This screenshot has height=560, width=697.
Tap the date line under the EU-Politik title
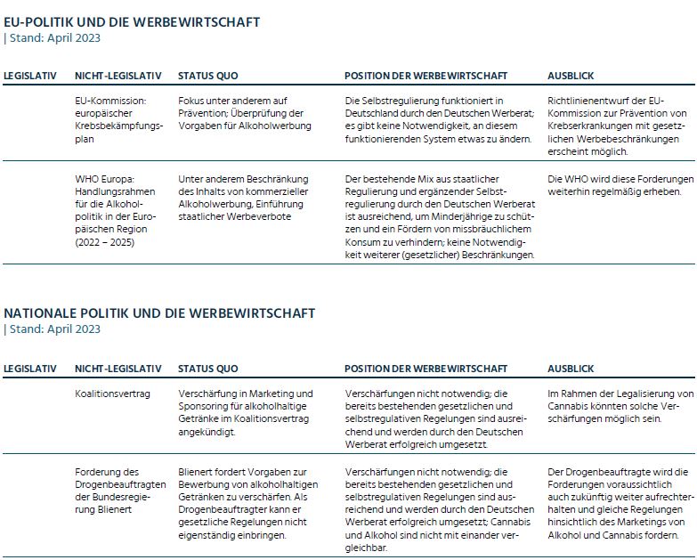click(53, 37)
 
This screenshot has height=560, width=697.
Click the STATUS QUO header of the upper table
click(207, 77)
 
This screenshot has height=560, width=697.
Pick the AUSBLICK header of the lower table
click(571, 369)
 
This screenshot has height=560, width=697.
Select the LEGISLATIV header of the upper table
click(30, 77)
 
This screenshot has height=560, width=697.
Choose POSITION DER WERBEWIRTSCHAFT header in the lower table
click(425, 369)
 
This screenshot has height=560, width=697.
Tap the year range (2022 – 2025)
click(105, 242)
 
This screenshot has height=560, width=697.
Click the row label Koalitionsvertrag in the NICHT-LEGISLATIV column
click(112, 394)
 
